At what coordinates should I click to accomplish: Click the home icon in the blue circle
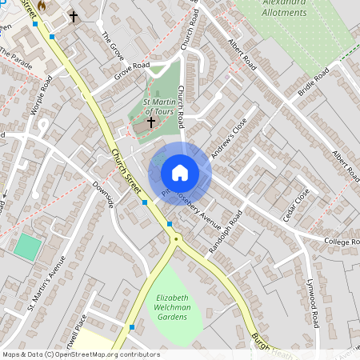tap(180, 172)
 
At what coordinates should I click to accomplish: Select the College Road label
tap(342, 241)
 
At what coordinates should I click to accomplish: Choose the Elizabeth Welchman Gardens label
tap(172, 308)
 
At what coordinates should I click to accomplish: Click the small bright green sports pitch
tap(26, 246)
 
